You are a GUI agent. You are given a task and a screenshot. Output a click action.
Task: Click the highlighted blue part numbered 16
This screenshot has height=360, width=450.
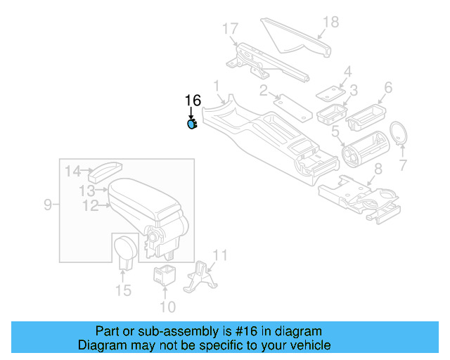point(191,125)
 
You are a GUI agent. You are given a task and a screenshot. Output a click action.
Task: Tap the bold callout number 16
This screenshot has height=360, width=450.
point(192,101)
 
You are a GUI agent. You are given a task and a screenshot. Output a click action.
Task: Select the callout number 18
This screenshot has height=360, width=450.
point(330,22)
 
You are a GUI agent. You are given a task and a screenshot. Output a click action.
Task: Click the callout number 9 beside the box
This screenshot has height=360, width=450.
point(48,205)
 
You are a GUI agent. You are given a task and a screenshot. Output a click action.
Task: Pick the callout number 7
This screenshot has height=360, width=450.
point(402,166)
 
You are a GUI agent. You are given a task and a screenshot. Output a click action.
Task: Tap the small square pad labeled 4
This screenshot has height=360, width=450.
point(329,91)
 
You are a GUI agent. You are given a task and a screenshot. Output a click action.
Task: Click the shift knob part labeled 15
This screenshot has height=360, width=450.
point(127,250)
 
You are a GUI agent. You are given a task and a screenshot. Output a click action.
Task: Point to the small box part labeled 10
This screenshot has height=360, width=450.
point(165,275)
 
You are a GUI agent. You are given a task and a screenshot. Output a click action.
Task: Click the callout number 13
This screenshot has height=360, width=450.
point(86,191)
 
